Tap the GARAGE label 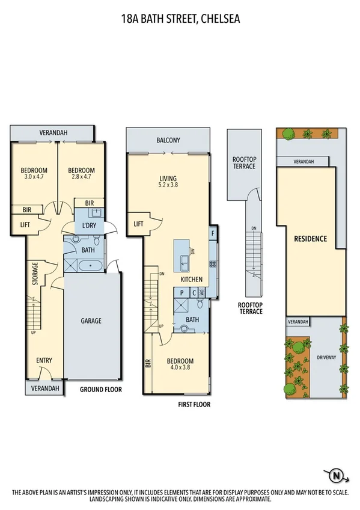(x=91, y=321)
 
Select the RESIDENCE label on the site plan (x=310, y=239)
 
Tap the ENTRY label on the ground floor (x=44, y=360)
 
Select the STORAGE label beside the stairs (x=35, y=274)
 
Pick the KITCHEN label (x=192, y=280)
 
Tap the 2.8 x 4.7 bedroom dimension (x=81, y=177)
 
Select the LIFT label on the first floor (x=138, y=224)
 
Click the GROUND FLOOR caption (x=100, y=389)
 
